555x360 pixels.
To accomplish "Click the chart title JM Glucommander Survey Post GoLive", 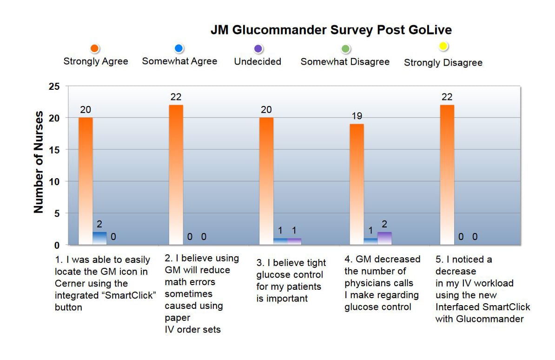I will [331, 30].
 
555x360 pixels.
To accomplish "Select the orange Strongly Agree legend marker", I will [95, 48].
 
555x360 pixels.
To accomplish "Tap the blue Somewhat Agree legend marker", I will [179, 48].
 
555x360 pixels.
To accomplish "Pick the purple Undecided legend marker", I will [259, 49].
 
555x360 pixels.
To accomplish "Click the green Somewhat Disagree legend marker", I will [345, 49].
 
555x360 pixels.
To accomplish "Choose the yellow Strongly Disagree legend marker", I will [443, 46].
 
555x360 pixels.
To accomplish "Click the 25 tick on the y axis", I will [55, 87].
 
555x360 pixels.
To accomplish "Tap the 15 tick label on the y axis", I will [55, 150].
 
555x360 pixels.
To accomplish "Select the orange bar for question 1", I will [86, 181].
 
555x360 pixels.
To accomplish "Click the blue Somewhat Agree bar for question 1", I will [99, 238].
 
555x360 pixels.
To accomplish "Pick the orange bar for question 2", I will [176, 174].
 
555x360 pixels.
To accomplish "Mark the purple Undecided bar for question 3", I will [294, 241].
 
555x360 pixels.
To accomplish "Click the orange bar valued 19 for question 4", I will [357, 184].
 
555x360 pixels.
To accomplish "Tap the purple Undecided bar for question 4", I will [384, 238].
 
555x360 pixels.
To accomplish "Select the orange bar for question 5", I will [447, 174].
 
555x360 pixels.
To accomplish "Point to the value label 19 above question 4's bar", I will [357, 116].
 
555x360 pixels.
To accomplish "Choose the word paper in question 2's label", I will [177, 318].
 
